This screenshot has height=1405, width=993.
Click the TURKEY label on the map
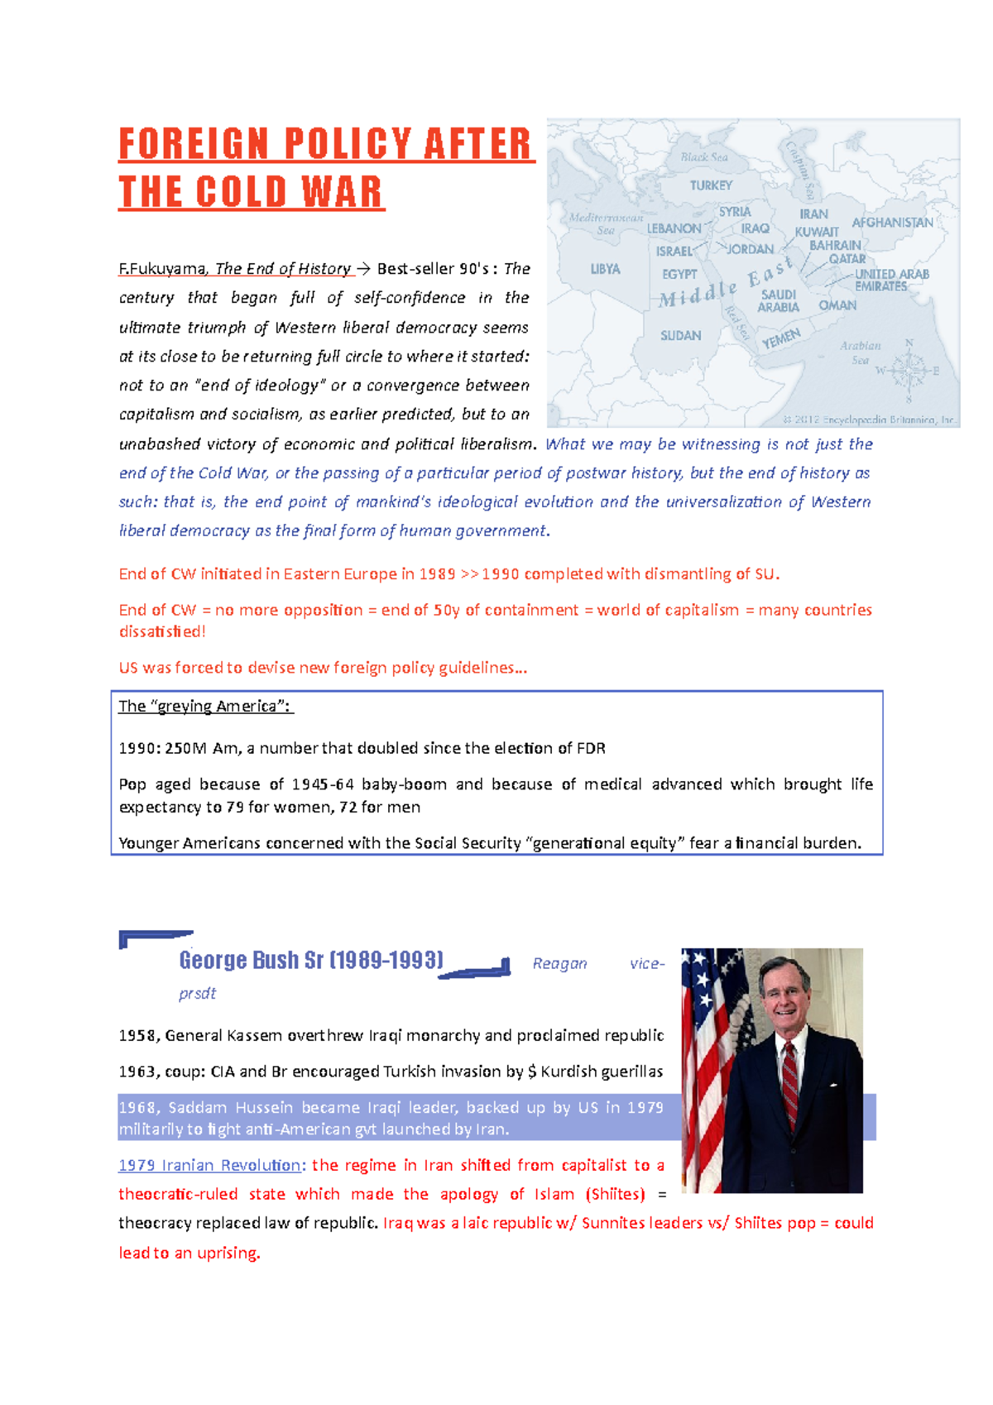[x=711, y=186]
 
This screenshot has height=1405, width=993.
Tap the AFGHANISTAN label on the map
[x=892, y=223]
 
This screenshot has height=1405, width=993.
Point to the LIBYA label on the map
[x=605, y=270]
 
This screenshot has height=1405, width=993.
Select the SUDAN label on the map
[x=680, y=336]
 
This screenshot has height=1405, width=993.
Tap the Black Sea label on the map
[x=704, y=157]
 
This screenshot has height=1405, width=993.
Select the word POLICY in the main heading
[x=348, y=144]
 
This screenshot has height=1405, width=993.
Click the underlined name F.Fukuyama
[x=162, y=269]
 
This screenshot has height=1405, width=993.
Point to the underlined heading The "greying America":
[x=205, y=707]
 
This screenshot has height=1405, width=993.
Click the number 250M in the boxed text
[x=185, y=749]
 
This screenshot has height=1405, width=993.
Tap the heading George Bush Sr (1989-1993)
[x=311, y=961]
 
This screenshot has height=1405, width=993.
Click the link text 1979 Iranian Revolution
[x=209, y=1166]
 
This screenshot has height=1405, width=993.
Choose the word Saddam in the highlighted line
[x=197, y=1108]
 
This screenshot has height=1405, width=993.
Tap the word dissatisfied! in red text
[x=162, y=632]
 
